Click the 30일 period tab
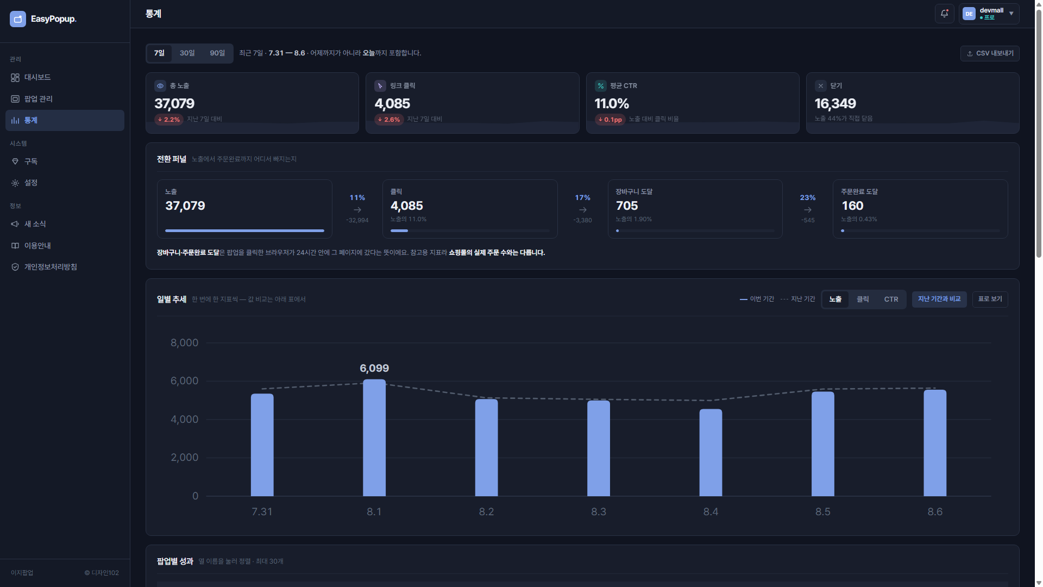coord(187,53)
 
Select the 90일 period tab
coord(217,53)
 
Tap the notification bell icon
coord(945,14)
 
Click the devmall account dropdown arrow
coord(1011,14)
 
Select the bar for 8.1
coord(374,438)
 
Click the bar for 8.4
coord(711,453)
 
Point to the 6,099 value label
coord(374,369)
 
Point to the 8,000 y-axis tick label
coord(185,343)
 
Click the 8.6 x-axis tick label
coord(935,512)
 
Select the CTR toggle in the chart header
coord(891,299)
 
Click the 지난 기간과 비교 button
coord(939,299)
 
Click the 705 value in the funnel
coord(627,206)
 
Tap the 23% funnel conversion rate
coord(808,198)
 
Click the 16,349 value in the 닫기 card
coord(835,104)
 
